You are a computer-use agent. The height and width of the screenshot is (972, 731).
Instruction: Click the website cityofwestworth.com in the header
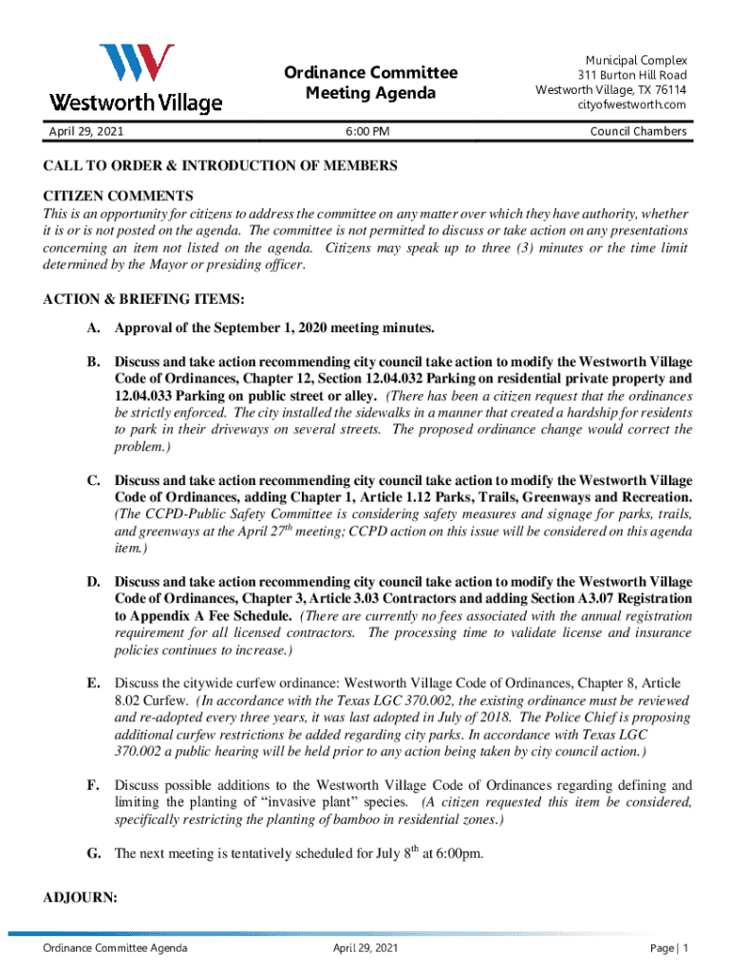(632, 105)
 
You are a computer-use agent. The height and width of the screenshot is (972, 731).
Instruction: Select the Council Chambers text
(638, 132)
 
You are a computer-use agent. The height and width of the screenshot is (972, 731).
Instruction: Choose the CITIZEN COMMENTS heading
(105, 196)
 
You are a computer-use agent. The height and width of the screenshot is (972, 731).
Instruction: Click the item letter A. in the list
(94, 328)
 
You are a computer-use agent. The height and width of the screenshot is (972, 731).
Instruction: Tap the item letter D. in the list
(94, 581)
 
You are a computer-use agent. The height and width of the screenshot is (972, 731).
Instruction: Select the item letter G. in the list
(94, 853)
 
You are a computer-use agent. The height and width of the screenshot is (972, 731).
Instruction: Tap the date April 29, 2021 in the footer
(365, 948)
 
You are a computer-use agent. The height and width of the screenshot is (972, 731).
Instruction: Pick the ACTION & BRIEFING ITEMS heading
(144, 300)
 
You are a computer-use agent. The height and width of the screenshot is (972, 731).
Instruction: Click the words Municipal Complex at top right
(636, 60)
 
